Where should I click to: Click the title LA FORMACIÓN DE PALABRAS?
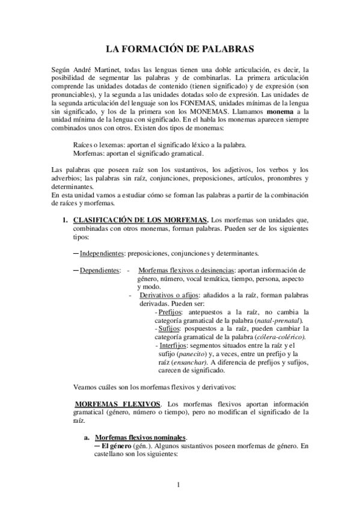point(180,47)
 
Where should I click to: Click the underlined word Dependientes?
point(100,270)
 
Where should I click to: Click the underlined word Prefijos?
point(171,312)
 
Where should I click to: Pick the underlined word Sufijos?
point(169,328)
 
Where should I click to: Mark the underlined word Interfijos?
point(172,346)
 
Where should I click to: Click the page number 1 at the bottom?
point(180,484)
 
